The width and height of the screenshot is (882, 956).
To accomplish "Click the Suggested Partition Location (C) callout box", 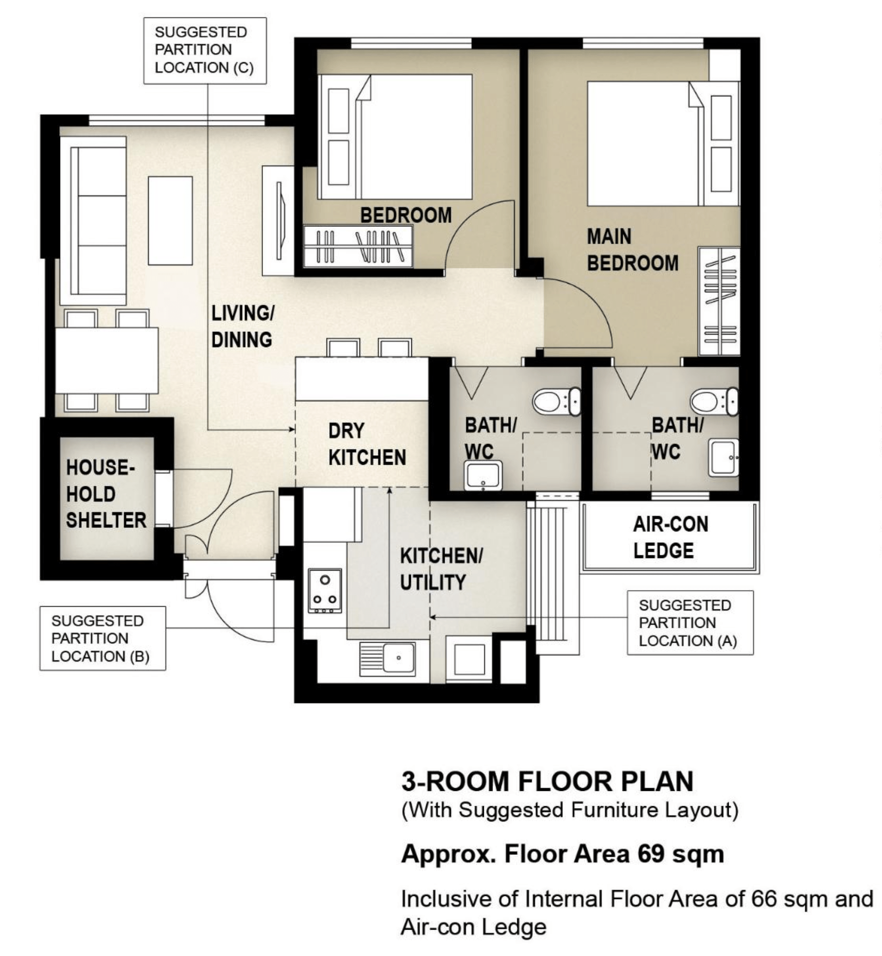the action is point(205,51).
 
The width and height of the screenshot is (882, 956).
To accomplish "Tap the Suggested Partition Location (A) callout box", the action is point(690,623).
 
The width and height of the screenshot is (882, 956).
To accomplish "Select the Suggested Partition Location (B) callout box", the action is point(103,639).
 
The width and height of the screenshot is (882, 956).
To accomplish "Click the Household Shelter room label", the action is point(106,494).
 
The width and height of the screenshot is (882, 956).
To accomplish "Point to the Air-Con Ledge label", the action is point(671,537).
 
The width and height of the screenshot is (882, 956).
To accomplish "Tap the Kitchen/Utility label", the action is point(441,569).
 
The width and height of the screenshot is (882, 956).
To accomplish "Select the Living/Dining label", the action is point(242,326).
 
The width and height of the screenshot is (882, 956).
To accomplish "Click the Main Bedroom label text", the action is point(632,250).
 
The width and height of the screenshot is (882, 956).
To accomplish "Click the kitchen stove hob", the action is point(324,591).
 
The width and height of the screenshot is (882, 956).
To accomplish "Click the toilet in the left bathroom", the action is point(556,401).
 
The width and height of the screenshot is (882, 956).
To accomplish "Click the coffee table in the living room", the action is point(170,221).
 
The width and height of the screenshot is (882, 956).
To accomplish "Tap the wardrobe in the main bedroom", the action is point(719,301).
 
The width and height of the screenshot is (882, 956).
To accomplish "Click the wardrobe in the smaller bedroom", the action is point(358,246).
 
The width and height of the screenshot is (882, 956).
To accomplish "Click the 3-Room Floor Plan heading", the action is point(547,781).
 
